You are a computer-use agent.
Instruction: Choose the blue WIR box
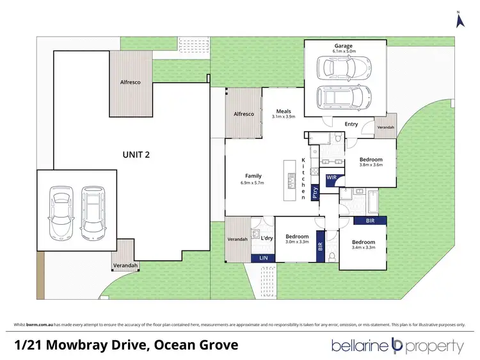[x=332, y=177]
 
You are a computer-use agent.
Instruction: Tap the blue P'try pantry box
[x=316, y=192]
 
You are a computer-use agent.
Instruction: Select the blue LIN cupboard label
[x=263, y=258]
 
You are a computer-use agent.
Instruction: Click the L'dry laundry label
[x=266, y=238]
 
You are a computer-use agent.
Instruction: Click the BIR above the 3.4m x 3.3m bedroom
[x=370, y=221]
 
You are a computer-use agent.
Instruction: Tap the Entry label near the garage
[x=351, y=124]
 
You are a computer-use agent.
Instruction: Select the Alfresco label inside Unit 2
[x=131, y=83]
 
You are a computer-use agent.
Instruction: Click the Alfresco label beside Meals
[x=243, y=114]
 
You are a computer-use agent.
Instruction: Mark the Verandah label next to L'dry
[x=237, y=239]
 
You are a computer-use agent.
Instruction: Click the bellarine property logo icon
[x=397, y=346]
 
